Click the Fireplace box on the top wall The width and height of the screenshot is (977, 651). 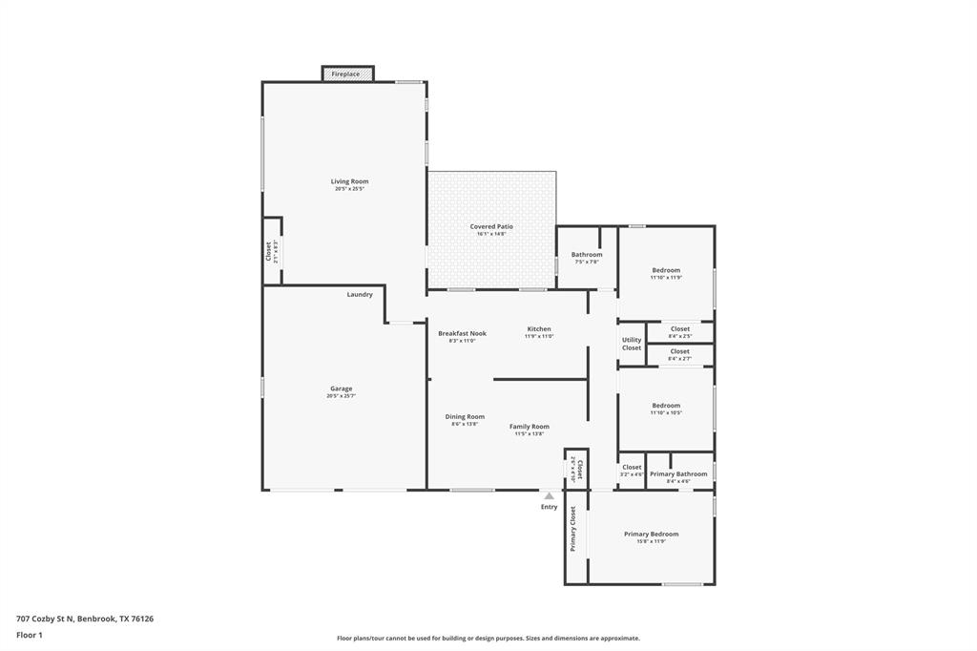pyautogui.click(x=346, y=73)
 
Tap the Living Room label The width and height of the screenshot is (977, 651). pyautogui.click(x=349, y=181)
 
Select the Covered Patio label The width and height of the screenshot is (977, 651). pyautogui.click(x=491, y=226)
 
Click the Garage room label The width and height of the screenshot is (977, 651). pyautogui.click(x=342, y=388)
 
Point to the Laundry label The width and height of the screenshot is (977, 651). pyautogui.click(x=360, y=294)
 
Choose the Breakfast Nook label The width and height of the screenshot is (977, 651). pyautogui.click(x=462, y=333)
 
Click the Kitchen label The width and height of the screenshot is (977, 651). pyautogui.click(x=539, y=328)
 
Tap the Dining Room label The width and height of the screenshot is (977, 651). pyautogui.click(x=465, y=416)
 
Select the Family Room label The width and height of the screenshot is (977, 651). pyautogui.click(x=529, y=426)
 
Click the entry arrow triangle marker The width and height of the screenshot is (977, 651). pyautogui.click(x=549, y=496)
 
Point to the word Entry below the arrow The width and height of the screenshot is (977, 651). pyautogui.click(x=549, y=507)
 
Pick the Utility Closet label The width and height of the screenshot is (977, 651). pyautogui.click(x=632, y=344)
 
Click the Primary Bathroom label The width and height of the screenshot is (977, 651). pyautogui.click(x=678, y=473)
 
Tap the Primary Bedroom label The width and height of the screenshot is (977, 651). pyautogui.click(x=652, y=534)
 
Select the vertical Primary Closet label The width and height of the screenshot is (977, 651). pyautogui.click(x=573, y=529)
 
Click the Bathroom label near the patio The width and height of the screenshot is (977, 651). pyautogui.click(x=587, y=254)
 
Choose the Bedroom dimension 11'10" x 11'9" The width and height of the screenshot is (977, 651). pyautogui.click(x=666, y=278)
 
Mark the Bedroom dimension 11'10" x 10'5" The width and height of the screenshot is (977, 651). pyautogui.click(x=666, y=413)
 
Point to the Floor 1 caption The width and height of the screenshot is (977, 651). pyautogui.click(x=30, y=635)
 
